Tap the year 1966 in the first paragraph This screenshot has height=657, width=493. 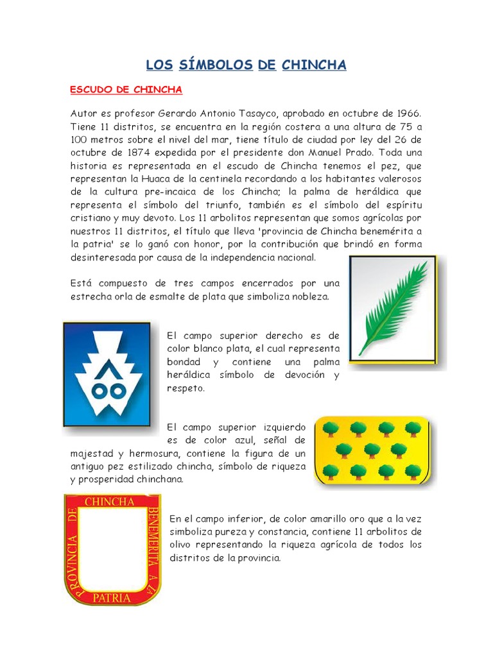[x=407, y=114]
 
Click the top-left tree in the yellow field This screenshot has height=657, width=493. [x=331, y=429]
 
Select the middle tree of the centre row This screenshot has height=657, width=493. [x=372, y=449]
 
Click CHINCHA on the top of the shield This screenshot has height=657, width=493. [x=109, y=502]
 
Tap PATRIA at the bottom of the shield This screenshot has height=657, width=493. [x=112, y=598]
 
